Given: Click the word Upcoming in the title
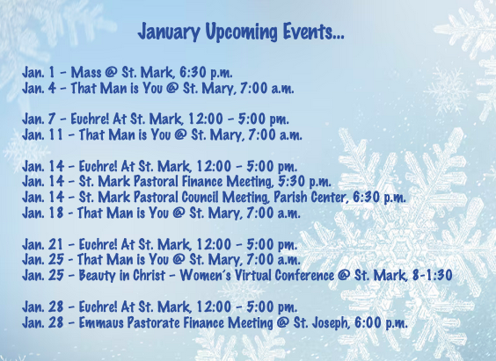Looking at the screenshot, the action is (x=241, y=32).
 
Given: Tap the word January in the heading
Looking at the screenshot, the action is (x=169, y=32).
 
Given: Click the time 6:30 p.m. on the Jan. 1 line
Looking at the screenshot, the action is (x=206, y=72).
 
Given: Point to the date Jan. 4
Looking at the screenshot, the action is (x=39, y=88).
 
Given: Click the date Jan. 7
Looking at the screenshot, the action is (x=39, y=119).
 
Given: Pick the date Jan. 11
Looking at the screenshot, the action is (x=43, y=134).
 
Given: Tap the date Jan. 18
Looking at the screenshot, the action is (x=43, y=213).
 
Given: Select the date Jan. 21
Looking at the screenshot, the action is (x=43, y=244).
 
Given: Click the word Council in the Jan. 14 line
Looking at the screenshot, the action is (x=200, y=197).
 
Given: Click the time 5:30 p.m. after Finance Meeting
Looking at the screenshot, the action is (x=304, y=182).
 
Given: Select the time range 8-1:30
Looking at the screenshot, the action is (x=432, y=275).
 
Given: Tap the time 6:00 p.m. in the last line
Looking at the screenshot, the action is (x=381, y=322).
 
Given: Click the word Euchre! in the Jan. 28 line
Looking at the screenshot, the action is (x=98, y=307).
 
